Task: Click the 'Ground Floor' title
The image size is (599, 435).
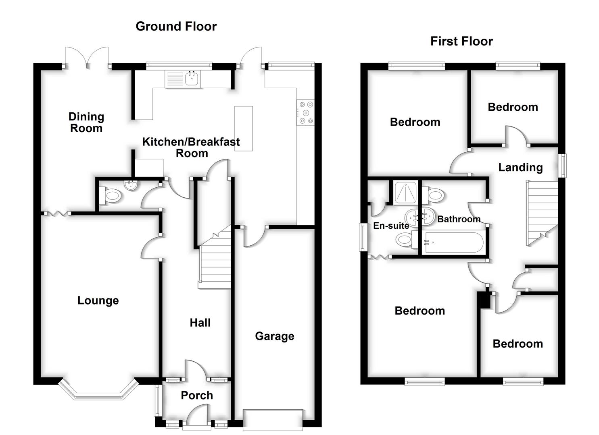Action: pos(176,26)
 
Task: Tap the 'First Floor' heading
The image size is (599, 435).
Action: pos(461,41)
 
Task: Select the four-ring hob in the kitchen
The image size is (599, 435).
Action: pos(305,113)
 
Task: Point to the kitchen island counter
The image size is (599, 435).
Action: pos(244,128)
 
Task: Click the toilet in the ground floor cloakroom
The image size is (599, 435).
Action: pos(113,197)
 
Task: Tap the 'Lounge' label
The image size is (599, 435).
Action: pos(98,300)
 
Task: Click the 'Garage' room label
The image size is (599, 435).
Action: pos(274,336)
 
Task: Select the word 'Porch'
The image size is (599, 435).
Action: pos(197,395)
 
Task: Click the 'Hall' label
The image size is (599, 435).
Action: pos(200,323)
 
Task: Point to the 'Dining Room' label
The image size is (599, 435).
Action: pos(86,122)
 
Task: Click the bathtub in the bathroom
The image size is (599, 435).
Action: pos(453,242)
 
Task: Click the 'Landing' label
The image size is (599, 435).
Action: pos(520,167)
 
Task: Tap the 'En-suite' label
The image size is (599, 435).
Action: pos(391,226)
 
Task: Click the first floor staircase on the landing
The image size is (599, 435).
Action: pos(542,213)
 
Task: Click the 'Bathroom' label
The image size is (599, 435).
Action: pos(459,219)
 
